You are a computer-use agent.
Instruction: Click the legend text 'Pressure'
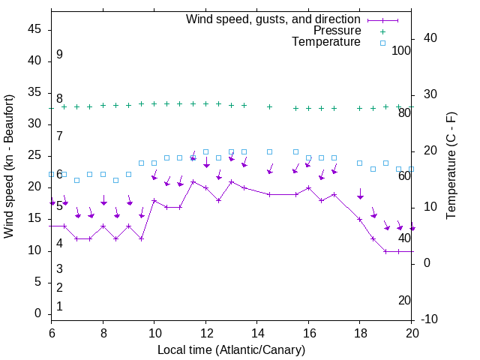[337, 31]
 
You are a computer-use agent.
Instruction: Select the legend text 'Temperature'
[326, 42]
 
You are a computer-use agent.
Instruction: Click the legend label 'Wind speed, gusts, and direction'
[274, 19]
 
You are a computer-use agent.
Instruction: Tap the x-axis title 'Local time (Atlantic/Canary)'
[232, 350]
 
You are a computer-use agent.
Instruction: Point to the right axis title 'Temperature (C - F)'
[451, 166]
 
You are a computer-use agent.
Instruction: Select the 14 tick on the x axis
[257, 332]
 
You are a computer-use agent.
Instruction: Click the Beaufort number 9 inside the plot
[59, 55]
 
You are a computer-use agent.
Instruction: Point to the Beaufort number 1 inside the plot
[59, 307]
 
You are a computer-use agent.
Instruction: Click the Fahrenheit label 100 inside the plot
[402, 50]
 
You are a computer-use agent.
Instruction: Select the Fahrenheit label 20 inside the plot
[404, 301]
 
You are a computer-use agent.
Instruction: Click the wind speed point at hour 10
[154, 200]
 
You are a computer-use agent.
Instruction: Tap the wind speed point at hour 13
[232, 181]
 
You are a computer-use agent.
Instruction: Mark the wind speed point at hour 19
[386, 251]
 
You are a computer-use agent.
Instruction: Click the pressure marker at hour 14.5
[270, 107]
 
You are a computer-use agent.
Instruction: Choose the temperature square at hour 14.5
[270, 151]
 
